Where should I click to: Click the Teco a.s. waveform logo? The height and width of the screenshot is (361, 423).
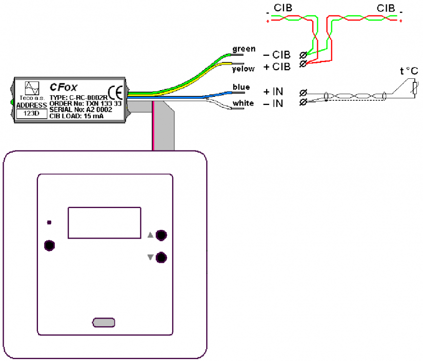point(32,89)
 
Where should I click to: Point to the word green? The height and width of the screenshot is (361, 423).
point(244,49)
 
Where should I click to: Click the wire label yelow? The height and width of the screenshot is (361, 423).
point(244,68)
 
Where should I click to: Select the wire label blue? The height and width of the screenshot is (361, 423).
point(241,88)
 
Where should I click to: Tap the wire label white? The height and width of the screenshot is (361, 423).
point(243,104)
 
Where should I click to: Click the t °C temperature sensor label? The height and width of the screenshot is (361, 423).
point(408,72)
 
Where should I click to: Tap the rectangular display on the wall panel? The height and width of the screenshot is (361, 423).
point(105,223)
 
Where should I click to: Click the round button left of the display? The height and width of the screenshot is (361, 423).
point(49,245)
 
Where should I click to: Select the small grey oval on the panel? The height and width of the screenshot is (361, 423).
point(103,322)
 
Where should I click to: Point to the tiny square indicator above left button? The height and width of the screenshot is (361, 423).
point(49,222)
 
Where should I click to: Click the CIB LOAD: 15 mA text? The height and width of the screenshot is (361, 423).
point(77,116)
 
